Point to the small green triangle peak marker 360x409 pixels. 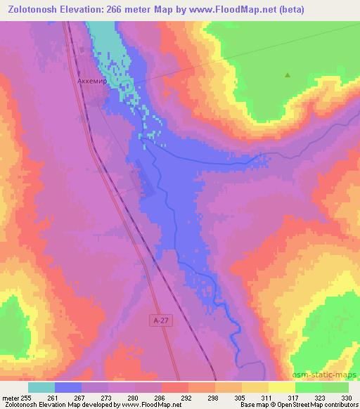(287, 74)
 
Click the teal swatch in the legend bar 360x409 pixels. (41, 387)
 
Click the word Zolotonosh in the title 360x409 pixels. (36, 9)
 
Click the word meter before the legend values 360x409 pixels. (10, 396)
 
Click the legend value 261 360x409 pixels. (52, 396)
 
